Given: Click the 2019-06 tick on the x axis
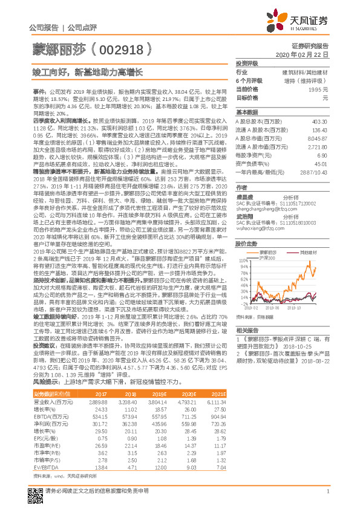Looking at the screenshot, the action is coord(270,308).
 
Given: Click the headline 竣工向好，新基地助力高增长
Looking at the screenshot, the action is coord(90,72).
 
